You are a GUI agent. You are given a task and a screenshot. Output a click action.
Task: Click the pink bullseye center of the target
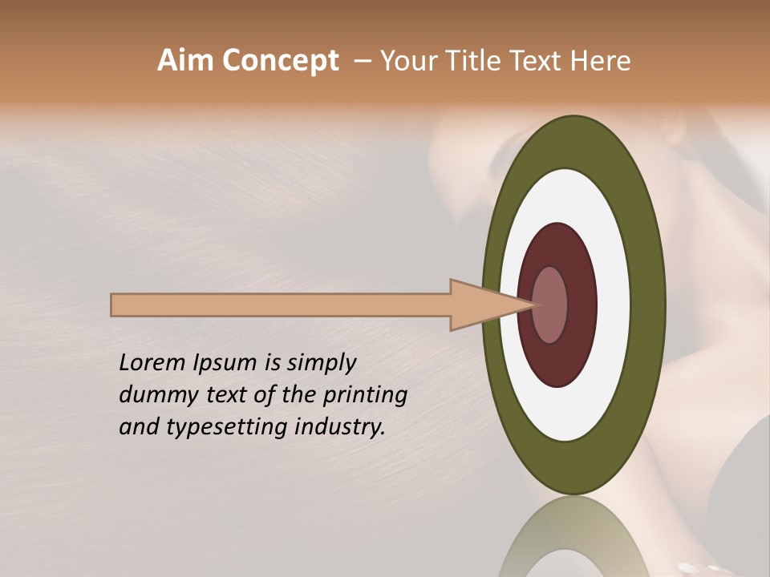click(550, 305)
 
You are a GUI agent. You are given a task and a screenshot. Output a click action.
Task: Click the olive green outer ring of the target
click(648, 305)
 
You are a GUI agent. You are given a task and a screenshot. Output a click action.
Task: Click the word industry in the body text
click(340, 428)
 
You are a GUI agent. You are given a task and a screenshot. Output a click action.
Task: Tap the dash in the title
click(363, 62)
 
